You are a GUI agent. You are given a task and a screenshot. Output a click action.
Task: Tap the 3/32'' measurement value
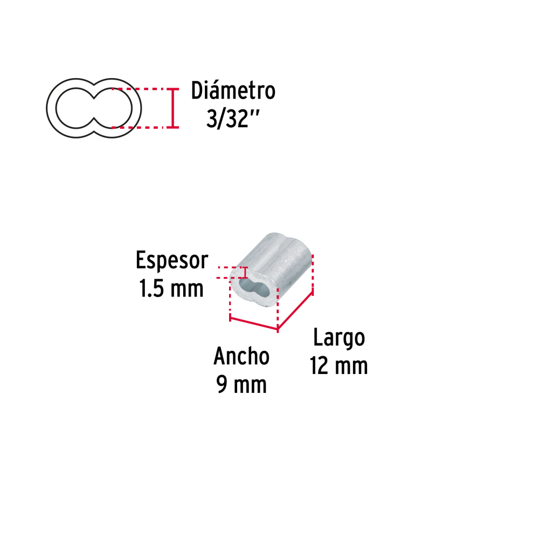click(x=230, y=119)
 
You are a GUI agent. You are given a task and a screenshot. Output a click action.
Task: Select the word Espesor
click(x=171, y=260)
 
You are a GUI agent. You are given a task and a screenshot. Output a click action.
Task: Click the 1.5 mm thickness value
click(x=171, y=289)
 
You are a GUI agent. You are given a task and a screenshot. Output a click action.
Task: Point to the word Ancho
click(x=241, y=356)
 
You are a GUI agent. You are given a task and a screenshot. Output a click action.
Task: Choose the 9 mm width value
click(x=241, y=385)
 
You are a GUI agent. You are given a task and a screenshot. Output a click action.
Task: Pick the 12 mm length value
click(x=338, y=367)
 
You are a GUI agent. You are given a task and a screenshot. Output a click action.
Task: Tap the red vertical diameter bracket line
click(x=172, y=108)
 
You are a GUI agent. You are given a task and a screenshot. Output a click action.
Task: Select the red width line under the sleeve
click(x=253, y=323)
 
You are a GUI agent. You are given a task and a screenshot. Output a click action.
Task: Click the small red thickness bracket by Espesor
click(x=246, y=273)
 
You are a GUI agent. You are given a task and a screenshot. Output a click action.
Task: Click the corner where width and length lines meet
click(x=278, y=328)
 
